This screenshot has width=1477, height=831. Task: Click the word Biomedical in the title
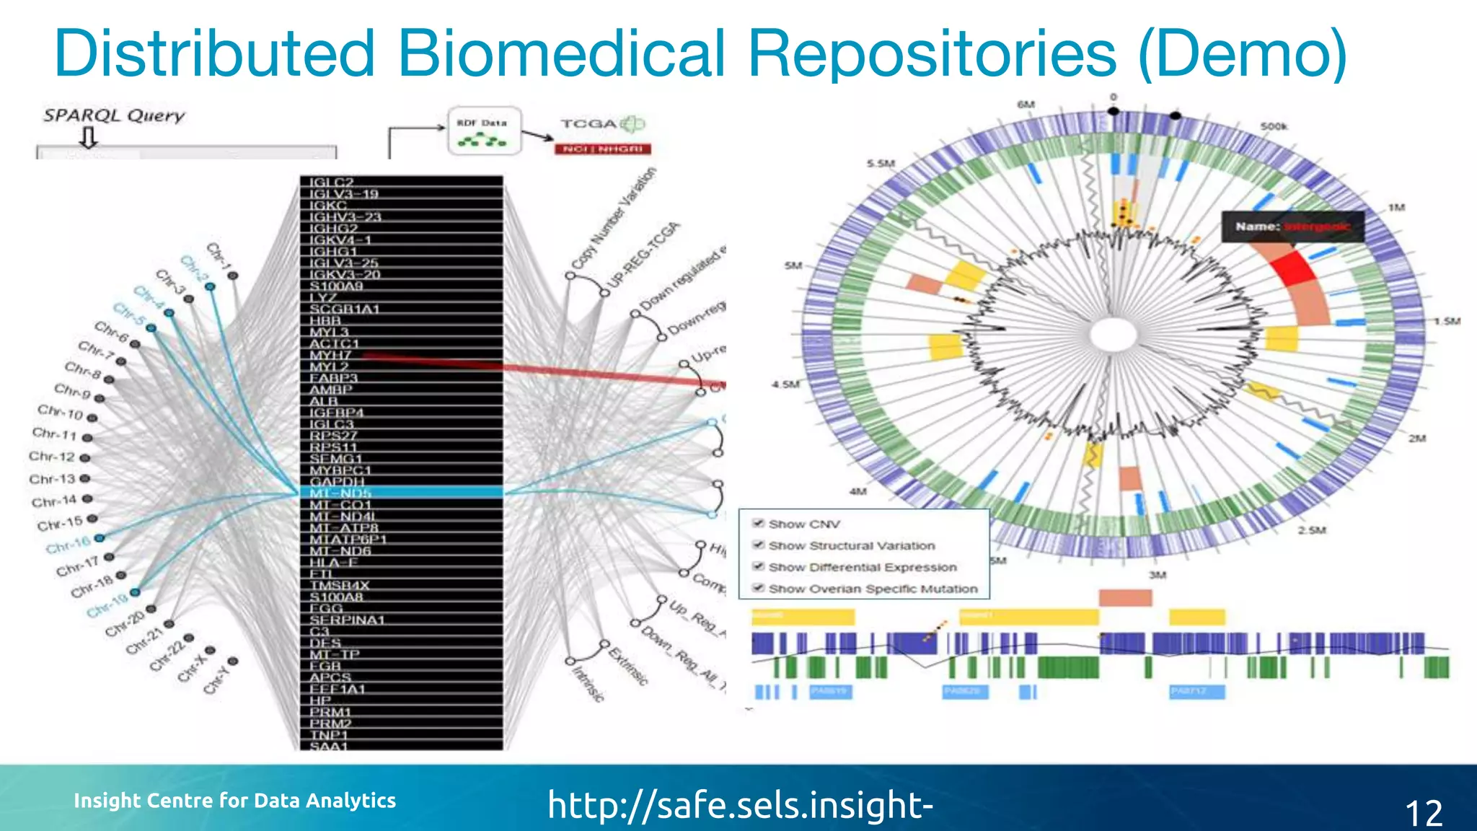pos(561,53)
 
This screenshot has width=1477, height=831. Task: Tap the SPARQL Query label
pos(114,115)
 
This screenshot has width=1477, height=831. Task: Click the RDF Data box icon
pos(484,131)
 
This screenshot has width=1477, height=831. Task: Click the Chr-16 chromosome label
pos(69,545)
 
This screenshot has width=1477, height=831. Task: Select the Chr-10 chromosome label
pos(61,413)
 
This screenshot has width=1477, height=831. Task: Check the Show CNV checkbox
pos(759,524)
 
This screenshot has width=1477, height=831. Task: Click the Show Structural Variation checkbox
pos(759,545)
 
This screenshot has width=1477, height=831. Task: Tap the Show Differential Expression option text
pos(863,567)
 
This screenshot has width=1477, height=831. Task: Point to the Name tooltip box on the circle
pos(1292,227)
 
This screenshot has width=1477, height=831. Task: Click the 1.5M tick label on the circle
pos(1446,321)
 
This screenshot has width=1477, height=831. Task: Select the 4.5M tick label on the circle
pos(785,384)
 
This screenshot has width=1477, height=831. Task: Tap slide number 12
pos(1424,813)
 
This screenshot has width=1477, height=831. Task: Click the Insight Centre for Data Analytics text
pos(235,801)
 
